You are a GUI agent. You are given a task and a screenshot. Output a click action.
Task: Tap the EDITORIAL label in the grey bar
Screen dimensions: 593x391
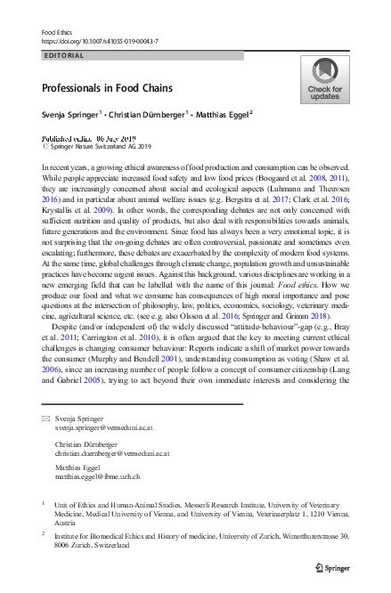point(63,55)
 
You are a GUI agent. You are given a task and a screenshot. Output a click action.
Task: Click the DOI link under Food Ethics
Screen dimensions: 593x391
point(99,41)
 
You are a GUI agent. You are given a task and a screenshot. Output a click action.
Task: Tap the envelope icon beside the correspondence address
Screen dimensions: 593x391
point(46,418)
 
